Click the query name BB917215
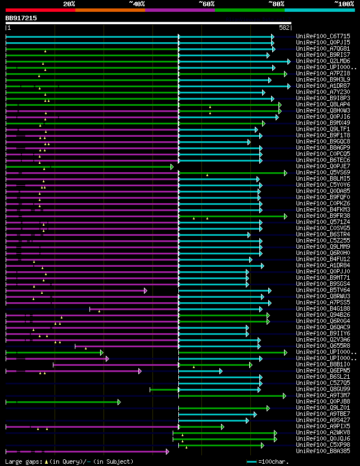tap(21, 18)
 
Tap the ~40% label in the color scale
tap(137, 4)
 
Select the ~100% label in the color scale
tap(344, 4)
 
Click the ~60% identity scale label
tap(206, 4)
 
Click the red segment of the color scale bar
tap(40, 10)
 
